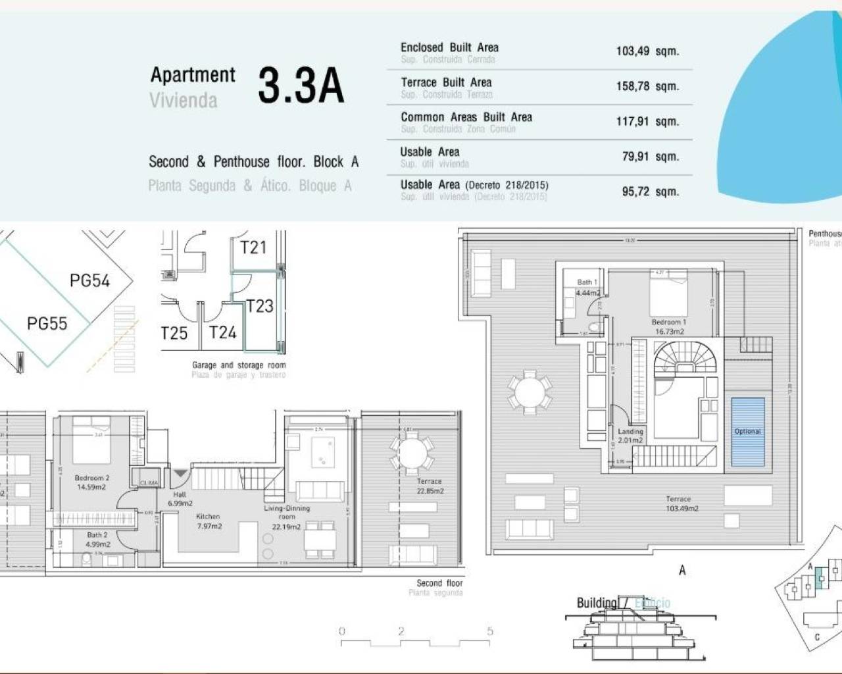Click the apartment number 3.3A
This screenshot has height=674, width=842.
click(301, 86)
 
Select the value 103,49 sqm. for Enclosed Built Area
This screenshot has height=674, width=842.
click(647, 51)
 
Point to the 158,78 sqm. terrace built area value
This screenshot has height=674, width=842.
click(647, 86)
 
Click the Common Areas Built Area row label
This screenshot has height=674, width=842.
click(466, 117)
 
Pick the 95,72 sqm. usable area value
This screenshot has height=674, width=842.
click(650, 192)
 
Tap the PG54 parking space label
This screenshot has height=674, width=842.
click(89, 281)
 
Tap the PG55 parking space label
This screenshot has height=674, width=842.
click(47, 324)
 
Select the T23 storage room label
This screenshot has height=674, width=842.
click(260, 306)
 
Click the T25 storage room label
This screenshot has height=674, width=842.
click(174, 333)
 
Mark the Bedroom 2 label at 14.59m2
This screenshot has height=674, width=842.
click(92, 482)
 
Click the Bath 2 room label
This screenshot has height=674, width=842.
click(97, 540)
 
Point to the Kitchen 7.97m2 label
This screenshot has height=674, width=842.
click(209, 521)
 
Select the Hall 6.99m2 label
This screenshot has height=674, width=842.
click(180, 499)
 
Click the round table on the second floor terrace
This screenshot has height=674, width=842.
click(412, 453)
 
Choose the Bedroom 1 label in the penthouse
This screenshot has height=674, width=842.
click(669, 326)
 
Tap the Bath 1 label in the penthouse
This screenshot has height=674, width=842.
click(587, 288)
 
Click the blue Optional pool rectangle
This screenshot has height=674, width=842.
click(748, 432)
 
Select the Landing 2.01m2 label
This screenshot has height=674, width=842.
click(630, 436)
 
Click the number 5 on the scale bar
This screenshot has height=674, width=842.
click(489, 631)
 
